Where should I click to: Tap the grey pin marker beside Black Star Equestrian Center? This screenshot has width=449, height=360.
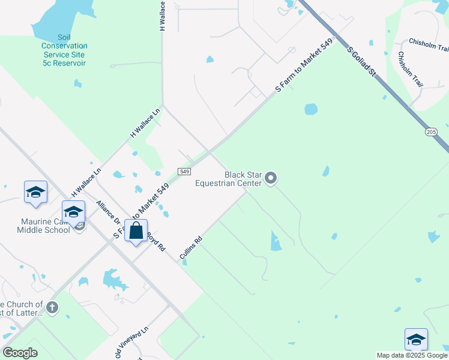271,178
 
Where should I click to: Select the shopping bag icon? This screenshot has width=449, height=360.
136,231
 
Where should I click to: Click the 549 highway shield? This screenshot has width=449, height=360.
184,172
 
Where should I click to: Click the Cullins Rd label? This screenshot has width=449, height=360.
191,248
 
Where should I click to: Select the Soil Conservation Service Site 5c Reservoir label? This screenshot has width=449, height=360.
64,50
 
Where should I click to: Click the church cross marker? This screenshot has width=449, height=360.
52,308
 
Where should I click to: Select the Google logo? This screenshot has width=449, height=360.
20,353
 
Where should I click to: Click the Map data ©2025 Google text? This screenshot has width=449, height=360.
412,355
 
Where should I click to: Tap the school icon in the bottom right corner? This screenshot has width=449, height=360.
416,340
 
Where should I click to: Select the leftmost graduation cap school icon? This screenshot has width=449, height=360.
35,192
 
